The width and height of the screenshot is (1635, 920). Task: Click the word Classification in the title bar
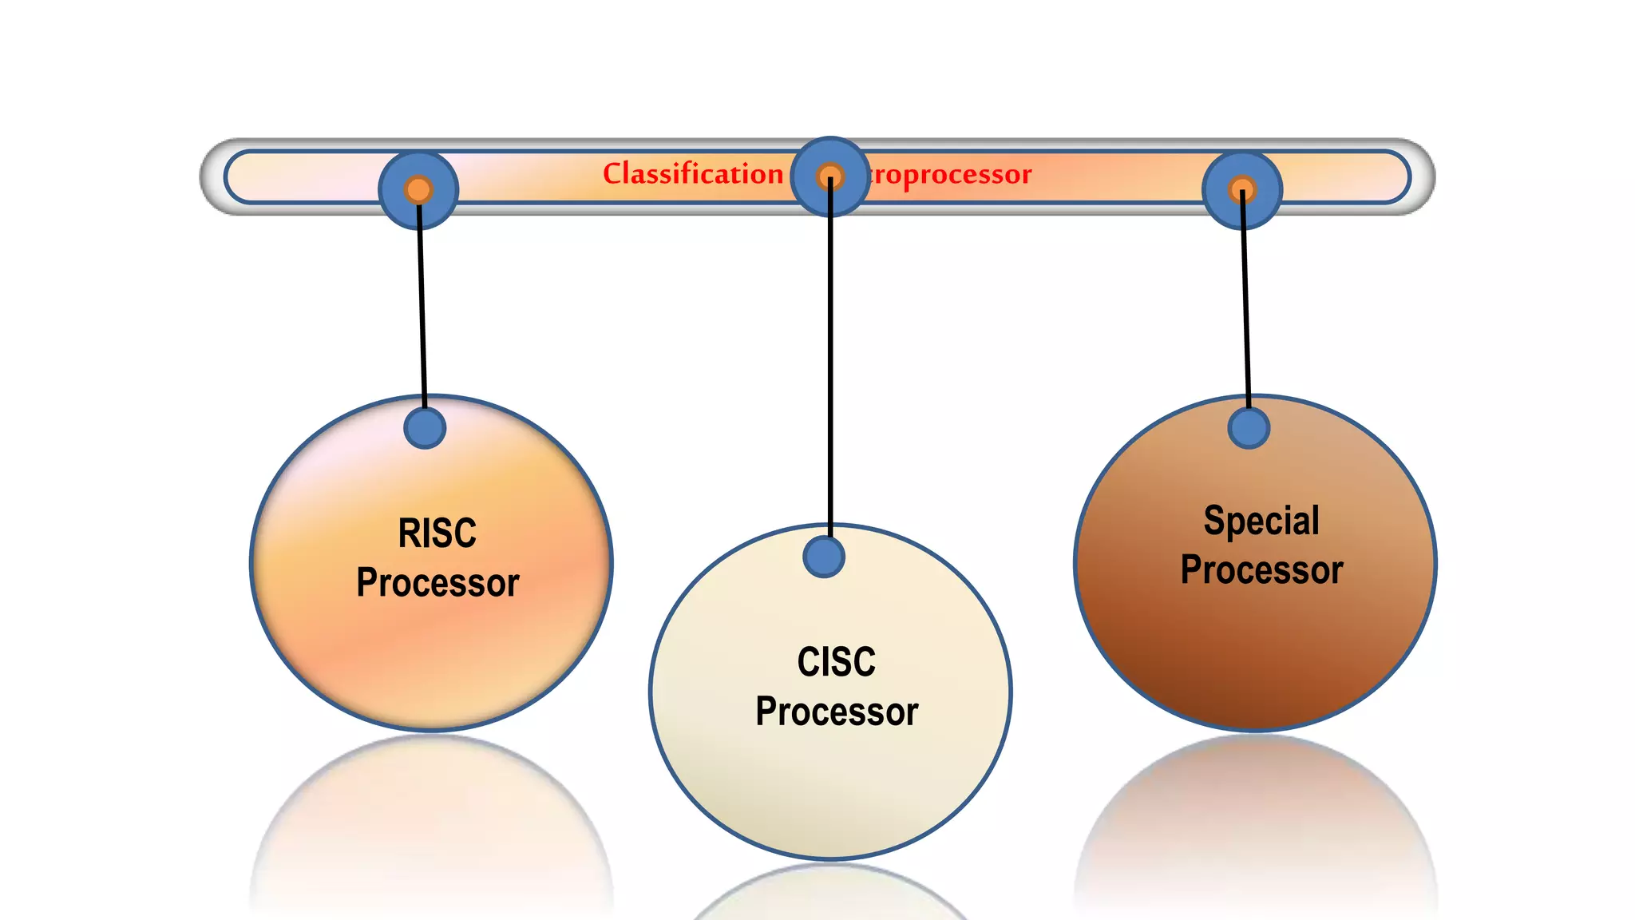tap(692, 174)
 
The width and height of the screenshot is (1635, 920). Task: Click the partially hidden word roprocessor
tap(950, 174)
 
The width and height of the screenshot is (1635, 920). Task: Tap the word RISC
tap(437, 533)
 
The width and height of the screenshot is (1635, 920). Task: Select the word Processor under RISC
tap(437, 583)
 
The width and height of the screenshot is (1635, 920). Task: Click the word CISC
tap(837, 662)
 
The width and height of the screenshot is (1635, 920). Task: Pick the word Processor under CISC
tap(837, 712)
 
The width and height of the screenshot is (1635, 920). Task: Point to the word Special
tap(1261, 521)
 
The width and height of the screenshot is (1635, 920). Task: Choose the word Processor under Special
tap(1261, 570)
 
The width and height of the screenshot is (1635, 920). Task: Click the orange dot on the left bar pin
tap(418, 189)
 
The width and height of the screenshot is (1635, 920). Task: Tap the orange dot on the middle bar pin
tap(830, 176)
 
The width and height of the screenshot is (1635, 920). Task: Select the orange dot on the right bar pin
tap(1241, 189)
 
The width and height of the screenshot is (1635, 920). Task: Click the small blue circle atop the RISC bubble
tap(425, 428)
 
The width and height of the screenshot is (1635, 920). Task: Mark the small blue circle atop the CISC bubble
tap(824, 557)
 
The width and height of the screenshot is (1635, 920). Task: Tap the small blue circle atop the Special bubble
tap(1249, 428)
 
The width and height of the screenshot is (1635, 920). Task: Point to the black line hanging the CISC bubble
tap(830, 359)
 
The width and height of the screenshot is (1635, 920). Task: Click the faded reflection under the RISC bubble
tap(431, 831)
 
